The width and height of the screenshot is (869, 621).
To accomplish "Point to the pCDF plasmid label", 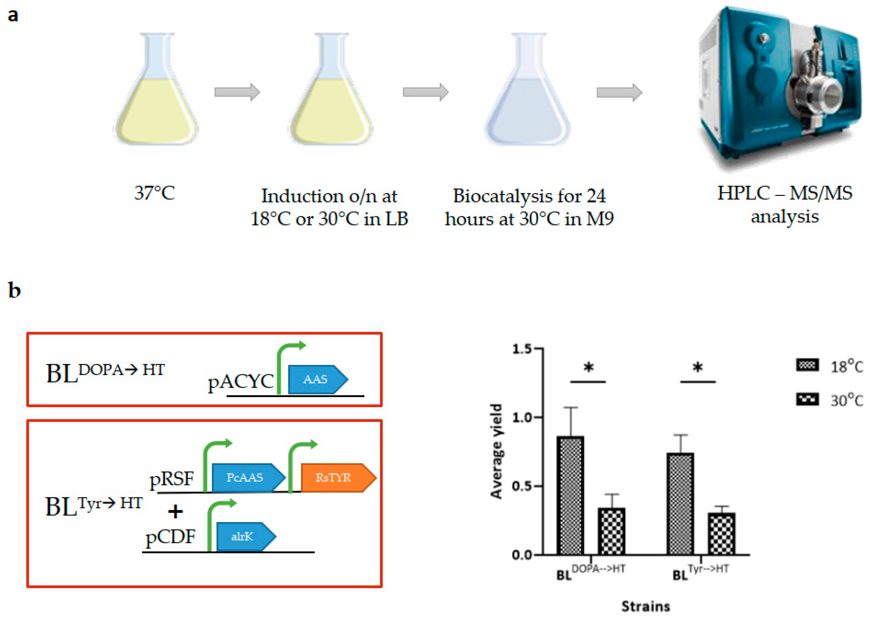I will [x=170, y=537].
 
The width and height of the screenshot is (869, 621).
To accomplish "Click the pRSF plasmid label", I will [x=171, y=479].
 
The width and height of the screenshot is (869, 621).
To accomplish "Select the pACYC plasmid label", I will [x=240, y=382].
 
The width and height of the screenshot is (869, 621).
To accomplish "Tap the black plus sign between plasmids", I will [x=175, y=511].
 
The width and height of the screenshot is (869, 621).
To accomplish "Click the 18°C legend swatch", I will [x=807, y=365].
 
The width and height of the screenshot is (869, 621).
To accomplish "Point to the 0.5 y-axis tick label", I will [x=522, y=486].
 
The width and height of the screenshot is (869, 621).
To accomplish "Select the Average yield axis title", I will [x=496, y=451].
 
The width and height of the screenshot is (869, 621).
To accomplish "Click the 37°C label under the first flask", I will [x=154, y=193].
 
